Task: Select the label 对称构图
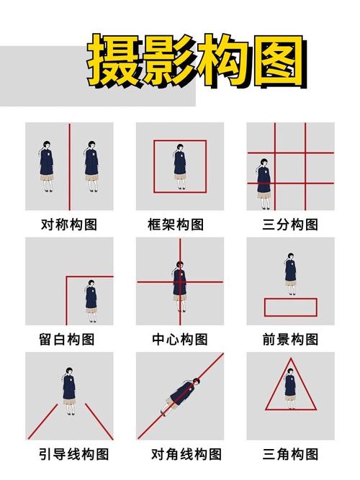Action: point(68,225)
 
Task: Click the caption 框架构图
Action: point(179,225)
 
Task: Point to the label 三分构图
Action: point(290,225)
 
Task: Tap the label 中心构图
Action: point(179,339)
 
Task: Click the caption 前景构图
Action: point(290,339)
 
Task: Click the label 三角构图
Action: point(290,454)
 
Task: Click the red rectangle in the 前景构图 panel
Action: point(290,307)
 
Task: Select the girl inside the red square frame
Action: point(179,166)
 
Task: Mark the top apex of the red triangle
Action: point(290,358)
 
